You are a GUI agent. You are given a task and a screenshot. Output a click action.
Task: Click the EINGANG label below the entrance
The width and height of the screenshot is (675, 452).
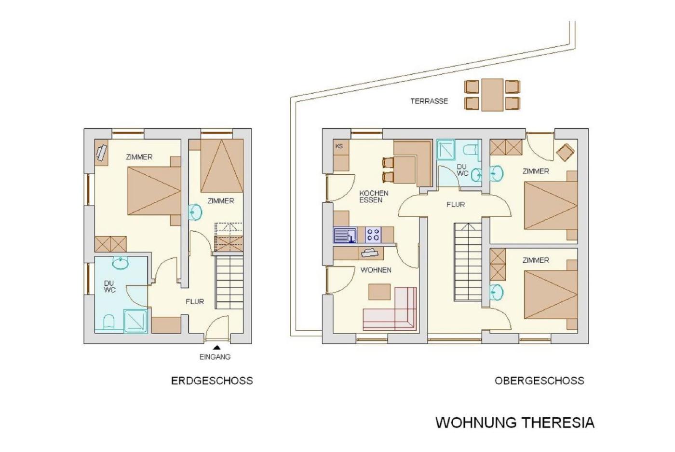click(x=215, y=357)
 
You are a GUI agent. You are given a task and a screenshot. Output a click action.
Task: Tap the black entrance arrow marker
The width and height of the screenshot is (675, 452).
click(x=216, y=348)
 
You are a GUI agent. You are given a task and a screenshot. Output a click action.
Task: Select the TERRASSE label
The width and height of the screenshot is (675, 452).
click(x=429, y=101)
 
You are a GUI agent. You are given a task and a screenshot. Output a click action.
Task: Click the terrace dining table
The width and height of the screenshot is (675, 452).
click(x=492, y=95)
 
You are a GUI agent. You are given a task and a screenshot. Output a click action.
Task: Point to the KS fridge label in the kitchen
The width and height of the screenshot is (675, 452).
click(x=339, y=146)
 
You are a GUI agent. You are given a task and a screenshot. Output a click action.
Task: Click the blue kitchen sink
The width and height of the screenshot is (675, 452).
click(x=345, y=235)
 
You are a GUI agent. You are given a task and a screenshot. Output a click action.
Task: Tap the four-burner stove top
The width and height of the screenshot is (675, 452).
click(x=373, y=235)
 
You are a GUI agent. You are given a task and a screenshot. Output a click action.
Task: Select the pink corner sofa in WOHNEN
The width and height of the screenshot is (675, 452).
click(x=390, y=309)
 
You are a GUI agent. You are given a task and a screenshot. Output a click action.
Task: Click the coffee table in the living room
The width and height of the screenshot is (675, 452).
click(x=379, y=292)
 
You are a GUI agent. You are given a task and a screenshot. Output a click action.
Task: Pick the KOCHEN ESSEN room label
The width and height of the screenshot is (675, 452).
click(x=374, y=197)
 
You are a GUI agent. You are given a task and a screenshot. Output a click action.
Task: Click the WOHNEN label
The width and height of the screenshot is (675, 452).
click(x=376, y=270)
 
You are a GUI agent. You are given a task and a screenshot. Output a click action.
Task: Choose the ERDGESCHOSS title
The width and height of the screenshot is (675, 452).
click(x=212, y=381)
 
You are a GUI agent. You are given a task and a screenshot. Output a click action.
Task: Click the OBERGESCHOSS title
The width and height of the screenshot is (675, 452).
click(x=540, y=381)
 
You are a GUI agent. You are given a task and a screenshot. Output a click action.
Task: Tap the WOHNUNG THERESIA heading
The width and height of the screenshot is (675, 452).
click(x=515, y=423)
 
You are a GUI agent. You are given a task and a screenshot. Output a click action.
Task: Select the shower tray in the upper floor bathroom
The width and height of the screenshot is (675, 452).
click(x=445, y=149)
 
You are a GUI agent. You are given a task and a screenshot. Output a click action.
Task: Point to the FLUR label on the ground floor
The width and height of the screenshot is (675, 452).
click(x=195, y=301)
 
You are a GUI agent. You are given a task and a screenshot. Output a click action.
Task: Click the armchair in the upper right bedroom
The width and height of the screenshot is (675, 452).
click(x=565, y=153)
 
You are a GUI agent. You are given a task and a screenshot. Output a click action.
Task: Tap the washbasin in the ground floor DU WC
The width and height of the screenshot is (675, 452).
click(x=120, y=263)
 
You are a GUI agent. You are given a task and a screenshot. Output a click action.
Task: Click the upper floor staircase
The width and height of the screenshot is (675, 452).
click(x=468, y=262)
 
